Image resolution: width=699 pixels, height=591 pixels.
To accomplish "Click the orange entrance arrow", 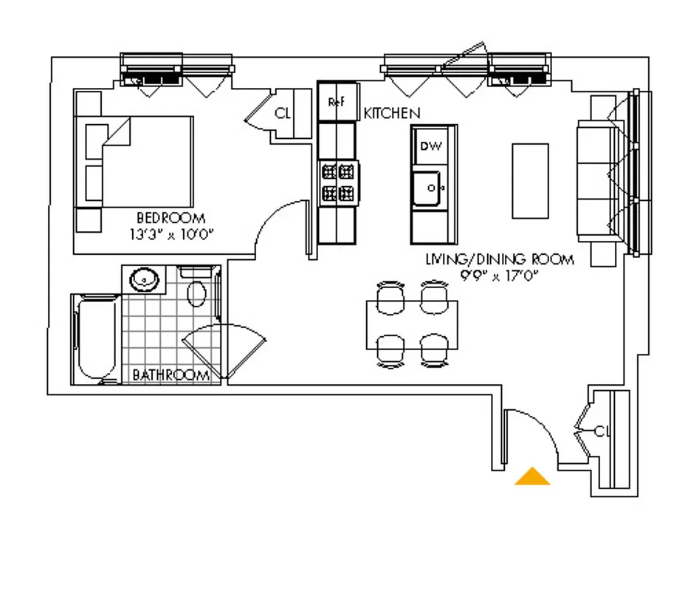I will tap(532, 477).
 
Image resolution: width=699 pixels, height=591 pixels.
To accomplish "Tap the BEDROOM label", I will tap(171, 218).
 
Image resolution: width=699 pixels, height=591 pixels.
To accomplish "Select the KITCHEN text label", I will tap(392, 113).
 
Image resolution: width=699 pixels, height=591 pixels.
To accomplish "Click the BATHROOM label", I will tap(171, 375).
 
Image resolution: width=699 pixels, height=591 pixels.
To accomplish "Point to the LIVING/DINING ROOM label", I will tap(499, 259).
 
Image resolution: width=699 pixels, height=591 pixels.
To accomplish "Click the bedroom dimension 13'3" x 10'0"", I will tap(171, 234).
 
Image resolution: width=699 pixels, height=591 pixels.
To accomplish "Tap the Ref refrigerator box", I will tap(337, 103).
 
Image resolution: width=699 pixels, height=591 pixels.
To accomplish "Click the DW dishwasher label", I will tap(430, 146).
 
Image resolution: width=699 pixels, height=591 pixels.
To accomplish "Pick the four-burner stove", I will tap(338, 183).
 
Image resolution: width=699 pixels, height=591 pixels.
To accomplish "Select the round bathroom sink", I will tap(144, 279).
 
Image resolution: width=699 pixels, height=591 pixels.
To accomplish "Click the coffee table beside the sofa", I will tap(530, 181).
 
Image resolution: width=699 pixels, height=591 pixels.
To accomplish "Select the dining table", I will tap(412, 324).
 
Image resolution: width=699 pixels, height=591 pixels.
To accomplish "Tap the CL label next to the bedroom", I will tap(283, 114).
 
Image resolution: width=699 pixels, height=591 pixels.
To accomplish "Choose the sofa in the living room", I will tap(595, 180).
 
